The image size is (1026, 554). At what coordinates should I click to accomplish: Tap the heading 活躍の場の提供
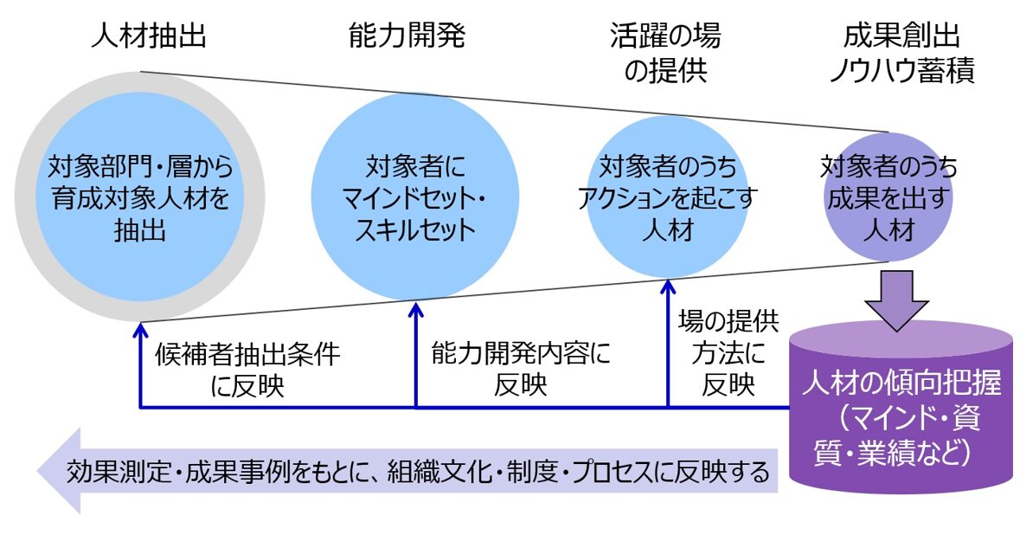pyautogui.click(x=664, y=54)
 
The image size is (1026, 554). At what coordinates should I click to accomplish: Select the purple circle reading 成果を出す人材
pyautogui.click(x=888, y=198)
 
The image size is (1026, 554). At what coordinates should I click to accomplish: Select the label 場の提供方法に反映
pyautogui.click(x=728, y=352)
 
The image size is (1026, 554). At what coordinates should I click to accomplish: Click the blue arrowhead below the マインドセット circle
pyautogui.click(x=416, y=307)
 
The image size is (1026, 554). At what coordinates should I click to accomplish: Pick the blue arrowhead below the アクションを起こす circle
pyautogui.click(x=669, y=287)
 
